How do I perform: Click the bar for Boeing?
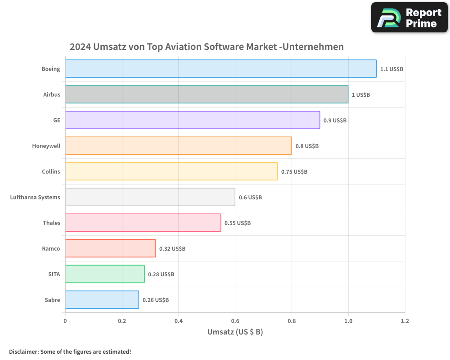(220, 69)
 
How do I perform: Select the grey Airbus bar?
(207, 94)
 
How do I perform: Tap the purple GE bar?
(193, 120)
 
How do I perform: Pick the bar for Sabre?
(102, 300)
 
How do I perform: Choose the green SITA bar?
(105, 274)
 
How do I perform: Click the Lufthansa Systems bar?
(150, 197)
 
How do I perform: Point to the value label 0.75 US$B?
(294, 171)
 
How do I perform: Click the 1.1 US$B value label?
(391, 69)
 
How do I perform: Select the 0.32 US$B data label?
(172, 248)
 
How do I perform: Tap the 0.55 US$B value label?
(238, 223)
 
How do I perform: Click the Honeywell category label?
(46, 146)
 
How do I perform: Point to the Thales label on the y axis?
(51, 223)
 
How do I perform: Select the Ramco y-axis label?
(51, 248)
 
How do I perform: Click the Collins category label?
(51, 171)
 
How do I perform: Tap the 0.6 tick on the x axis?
(235, 321)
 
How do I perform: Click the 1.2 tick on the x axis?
(405, 321)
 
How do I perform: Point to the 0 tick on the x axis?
(65, 321)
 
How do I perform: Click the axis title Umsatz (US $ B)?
(235, 332)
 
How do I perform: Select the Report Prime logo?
(409, 18)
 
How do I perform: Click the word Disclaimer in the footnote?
(23, 352)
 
